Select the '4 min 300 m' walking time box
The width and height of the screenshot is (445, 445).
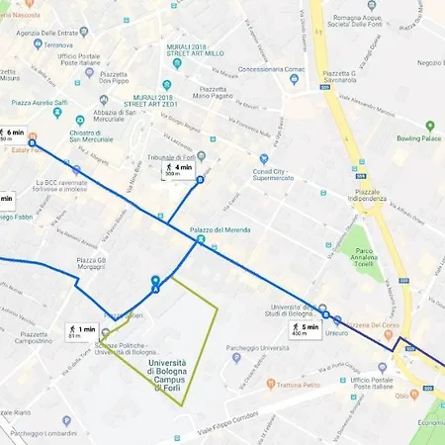click(178, 170)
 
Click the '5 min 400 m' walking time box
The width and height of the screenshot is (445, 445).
click(305, 329)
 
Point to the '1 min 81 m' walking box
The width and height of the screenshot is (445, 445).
click(81, 331)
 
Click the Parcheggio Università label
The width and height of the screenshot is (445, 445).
click(266, 348)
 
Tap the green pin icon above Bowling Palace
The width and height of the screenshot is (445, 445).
click(430, 126)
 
